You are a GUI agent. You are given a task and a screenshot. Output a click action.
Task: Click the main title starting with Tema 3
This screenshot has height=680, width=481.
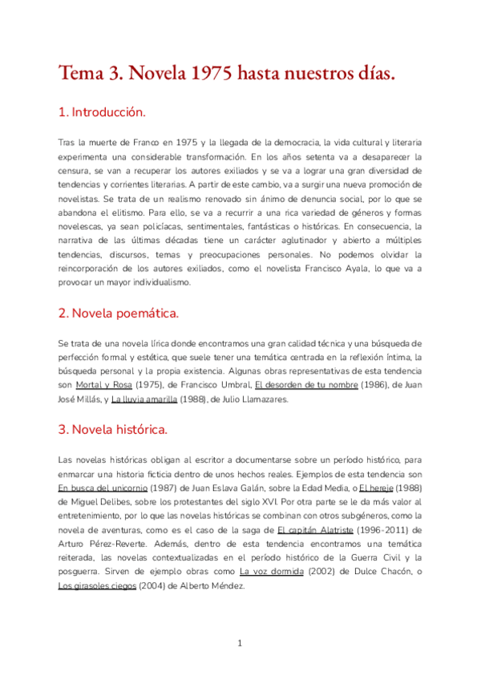tap(227, 74)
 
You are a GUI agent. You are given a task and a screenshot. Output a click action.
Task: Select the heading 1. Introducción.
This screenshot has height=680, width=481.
tap(103, 112)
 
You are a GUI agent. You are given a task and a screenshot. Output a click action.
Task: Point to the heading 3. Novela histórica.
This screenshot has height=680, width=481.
tap(112, 430)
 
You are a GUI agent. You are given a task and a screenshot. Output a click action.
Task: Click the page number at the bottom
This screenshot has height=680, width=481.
tap(240, 643)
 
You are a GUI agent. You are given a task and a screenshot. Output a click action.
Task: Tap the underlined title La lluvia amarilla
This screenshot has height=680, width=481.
tap(144, 400)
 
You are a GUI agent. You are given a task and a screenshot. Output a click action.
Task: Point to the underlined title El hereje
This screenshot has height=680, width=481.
tap(376, 488)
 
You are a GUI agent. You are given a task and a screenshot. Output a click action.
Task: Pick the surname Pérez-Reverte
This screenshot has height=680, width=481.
tap(121, 545)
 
